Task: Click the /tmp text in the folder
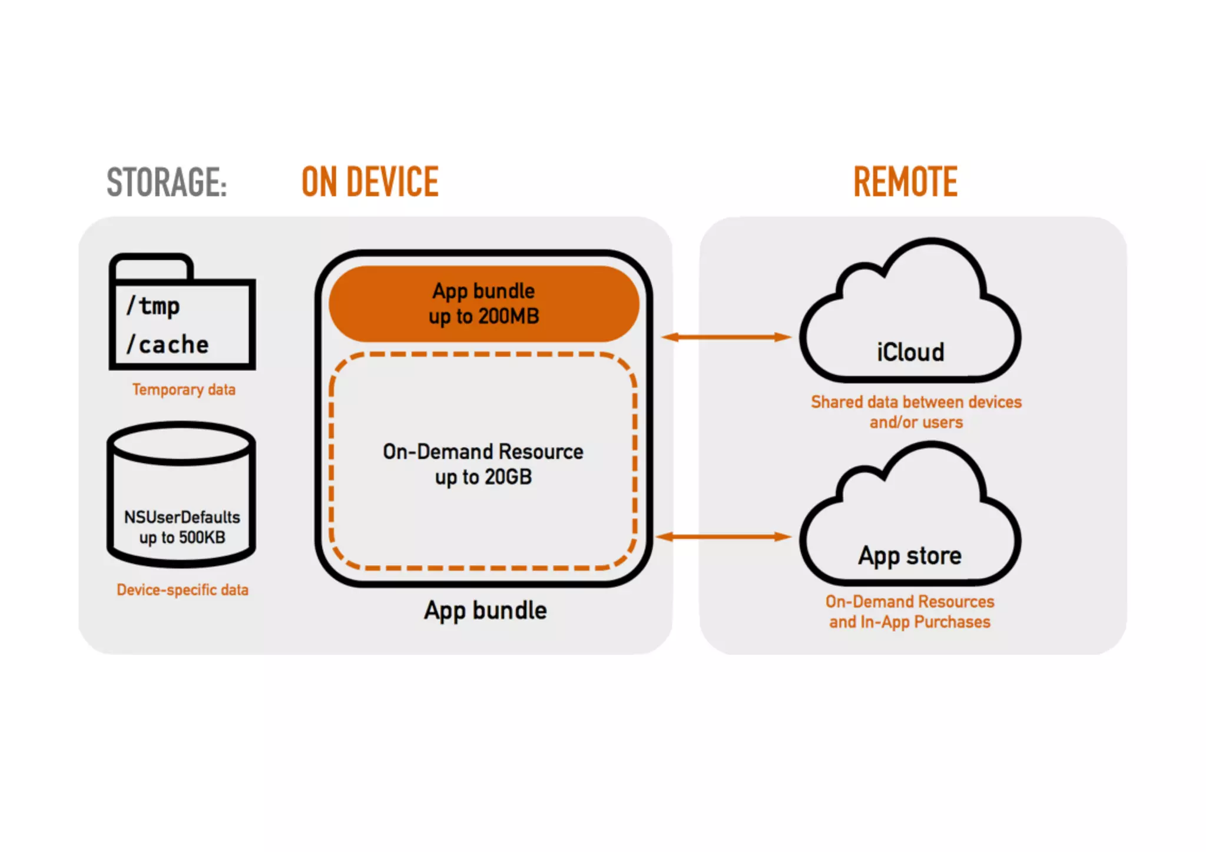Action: (153, 306)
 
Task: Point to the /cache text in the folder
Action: (168, 344)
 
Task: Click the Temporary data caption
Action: (184, 390)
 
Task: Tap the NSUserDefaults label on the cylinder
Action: (182, 517)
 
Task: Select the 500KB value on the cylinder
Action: (202, 538)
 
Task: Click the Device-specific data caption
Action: (183, 590)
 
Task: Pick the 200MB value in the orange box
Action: (508, 317)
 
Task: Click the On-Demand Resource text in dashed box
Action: (483, 452)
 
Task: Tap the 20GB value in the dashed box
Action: (508, 477)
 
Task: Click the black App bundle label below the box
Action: (485, 611)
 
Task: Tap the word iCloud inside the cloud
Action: (910, 352)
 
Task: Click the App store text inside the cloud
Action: (910, 556)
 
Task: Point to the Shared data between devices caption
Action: (916, 402)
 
